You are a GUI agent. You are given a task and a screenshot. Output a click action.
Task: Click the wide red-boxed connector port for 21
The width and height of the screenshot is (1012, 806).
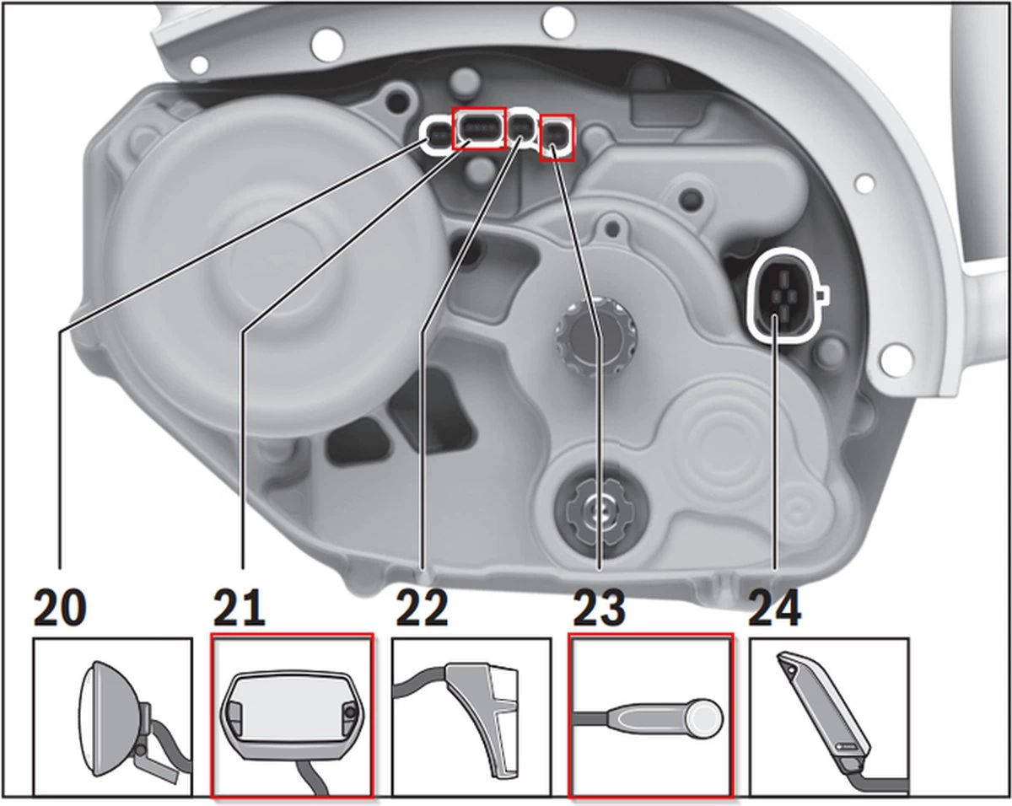[479, 129]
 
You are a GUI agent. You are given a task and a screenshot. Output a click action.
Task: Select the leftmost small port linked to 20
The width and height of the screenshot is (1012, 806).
[438, 133]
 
